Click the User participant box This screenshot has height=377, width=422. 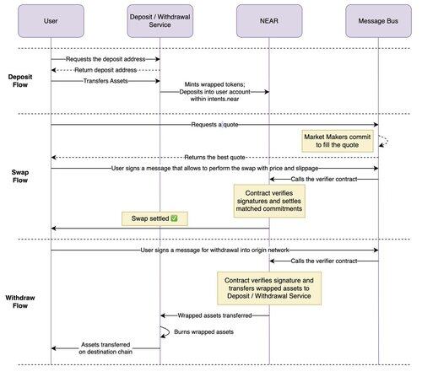(x=51, y=21)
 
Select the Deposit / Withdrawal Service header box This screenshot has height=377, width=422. (x=160, y=21)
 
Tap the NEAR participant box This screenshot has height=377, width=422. (x=269, y=21)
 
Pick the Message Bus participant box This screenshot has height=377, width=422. (x=378, y=21)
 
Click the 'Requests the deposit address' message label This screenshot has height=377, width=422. (x=105, y=59)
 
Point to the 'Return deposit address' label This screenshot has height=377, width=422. (x=105, y=70)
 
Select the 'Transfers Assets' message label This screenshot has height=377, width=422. (x=105, y=81)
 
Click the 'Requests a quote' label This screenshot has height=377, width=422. (x=214, y=125)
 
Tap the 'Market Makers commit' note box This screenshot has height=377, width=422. (x=338, y=141)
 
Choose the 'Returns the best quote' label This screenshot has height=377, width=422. (x=214, y=158)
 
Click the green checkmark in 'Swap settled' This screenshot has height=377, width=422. (x=174, y=218)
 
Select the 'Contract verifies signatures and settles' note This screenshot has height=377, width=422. (x=269, y=201)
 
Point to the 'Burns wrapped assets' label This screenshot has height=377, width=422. (x=203, y=332)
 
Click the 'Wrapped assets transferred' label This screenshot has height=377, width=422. (x=214, y=315)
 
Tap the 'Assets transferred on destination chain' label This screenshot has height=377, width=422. (x=105, y=348)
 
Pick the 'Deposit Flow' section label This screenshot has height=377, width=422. (x=20, y=81)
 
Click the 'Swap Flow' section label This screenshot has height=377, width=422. (x=20, y=176)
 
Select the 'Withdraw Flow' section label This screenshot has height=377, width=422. (x=20, y=302)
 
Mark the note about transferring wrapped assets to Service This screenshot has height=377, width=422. (x=269, y=288)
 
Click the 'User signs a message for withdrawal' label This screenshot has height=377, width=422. (x=214, y=250)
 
